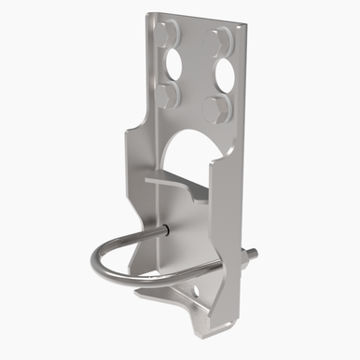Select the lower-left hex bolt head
tap(167, 94)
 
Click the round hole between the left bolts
tap(173, 64)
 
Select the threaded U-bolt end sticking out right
tap(251, 253)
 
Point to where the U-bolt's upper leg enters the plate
tap(164, 229)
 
